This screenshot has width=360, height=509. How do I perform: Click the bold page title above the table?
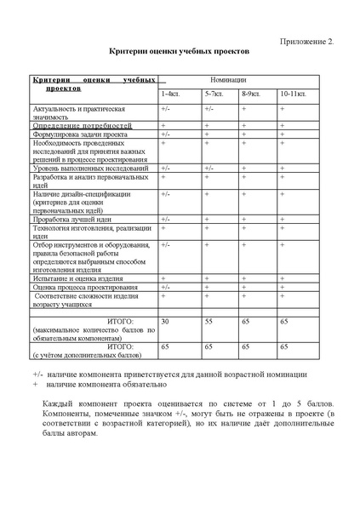click(180, 53)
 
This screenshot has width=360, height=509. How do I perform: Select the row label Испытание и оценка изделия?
click(78, 278)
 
